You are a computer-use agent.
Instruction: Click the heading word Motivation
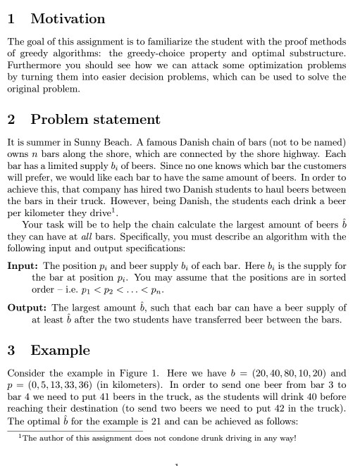coord(68,19)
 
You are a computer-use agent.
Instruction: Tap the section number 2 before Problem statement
coord(11,120)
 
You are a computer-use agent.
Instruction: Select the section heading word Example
coord(60,351)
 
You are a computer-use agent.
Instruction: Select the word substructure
coord(321,53)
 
